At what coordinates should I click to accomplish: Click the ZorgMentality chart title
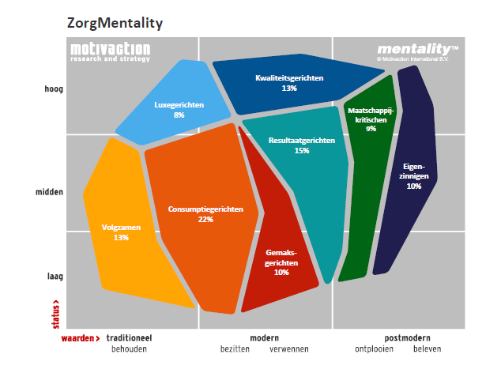click(115, 23)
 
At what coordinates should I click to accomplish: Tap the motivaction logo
click(110, 52)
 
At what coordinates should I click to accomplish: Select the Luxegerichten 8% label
click(179, 110)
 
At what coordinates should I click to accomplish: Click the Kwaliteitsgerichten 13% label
click(288, 83)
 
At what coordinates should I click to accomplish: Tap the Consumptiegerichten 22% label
click(205, 214)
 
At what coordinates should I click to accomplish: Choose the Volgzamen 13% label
click(121, 232)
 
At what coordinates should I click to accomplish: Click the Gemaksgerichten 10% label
click(281, 262)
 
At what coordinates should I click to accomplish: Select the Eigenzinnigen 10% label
click(413, 176)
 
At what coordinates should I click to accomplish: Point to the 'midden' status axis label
click(49, 192)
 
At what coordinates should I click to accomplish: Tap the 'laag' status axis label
click(54, 277)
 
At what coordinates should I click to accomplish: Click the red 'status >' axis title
click(55, 312)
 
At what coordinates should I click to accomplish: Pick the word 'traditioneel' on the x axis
click(128, 338)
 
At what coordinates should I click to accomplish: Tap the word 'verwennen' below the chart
click(289, 349)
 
